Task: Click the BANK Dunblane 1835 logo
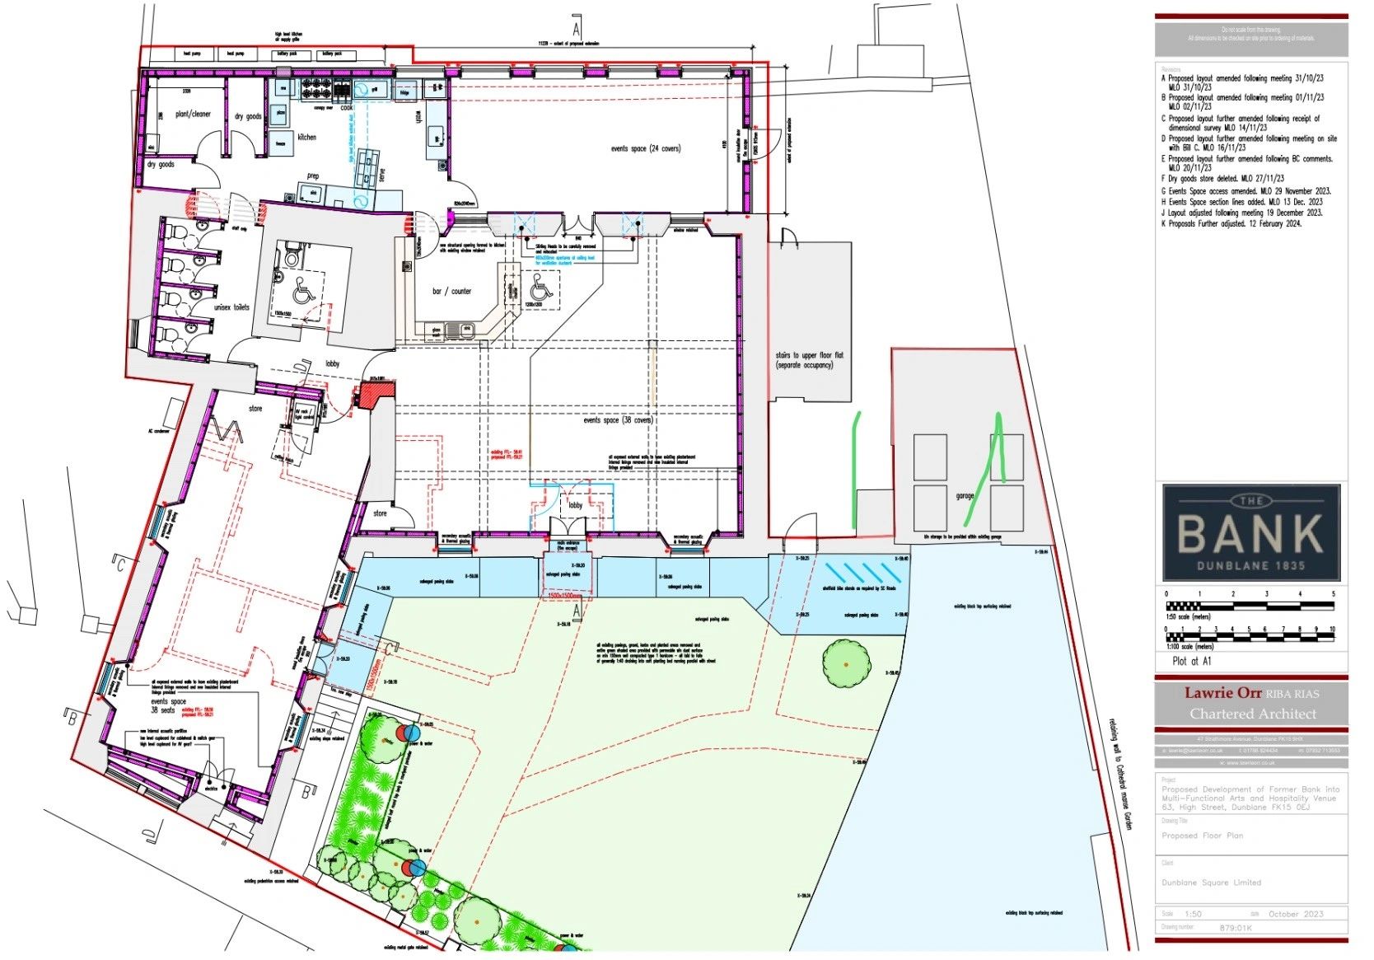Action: pos(1251,532)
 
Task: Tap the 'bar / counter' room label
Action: pos(452,291)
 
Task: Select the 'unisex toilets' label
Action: pos(231,307)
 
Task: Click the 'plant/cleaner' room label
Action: pos(193,114)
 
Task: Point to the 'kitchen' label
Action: pos(306,137)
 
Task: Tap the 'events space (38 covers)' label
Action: pos(618,420)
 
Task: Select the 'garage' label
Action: pos(965,496)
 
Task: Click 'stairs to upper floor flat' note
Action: pos(804,360)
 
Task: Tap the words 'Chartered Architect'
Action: pos(1252,714)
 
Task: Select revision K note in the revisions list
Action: pos(1231,223)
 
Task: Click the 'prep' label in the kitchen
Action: pos(313,176)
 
